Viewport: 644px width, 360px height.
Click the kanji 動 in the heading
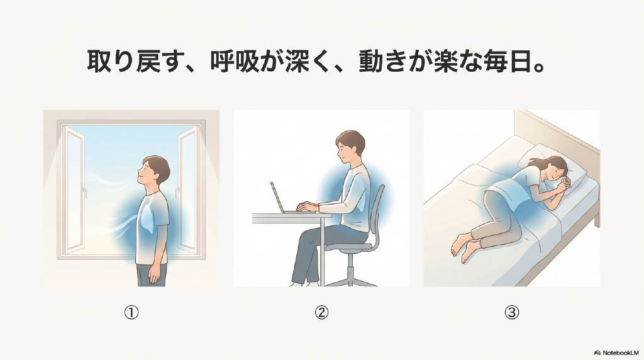tap(371, 62)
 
